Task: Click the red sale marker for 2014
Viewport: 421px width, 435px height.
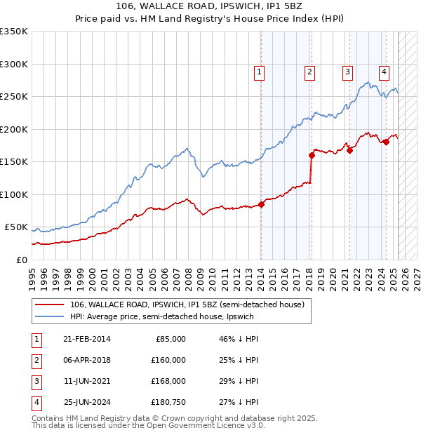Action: tap(261, 205)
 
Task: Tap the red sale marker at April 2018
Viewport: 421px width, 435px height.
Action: tap(312, 156)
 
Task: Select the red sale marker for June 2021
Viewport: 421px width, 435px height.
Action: tap(349, 150)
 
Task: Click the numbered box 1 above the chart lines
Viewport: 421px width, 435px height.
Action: tap(259, 71)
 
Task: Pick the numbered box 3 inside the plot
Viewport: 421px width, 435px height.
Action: tap(347, 71)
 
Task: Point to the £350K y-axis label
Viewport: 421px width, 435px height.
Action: tap(14, 32)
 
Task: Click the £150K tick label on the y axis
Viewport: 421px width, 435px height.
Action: tap(14, 162)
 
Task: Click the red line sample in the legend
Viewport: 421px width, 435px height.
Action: tap(49, 305)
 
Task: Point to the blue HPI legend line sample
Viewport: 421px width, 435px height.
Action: tap(49, 317)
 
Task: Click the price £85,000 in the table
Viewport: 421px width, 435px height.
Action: tap(170, 339)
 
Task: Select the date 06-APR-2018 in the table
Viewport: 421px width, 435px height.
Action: tap(86, 360)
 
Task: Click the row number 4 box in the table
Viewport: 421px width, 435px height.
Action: tap(34, 402)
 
